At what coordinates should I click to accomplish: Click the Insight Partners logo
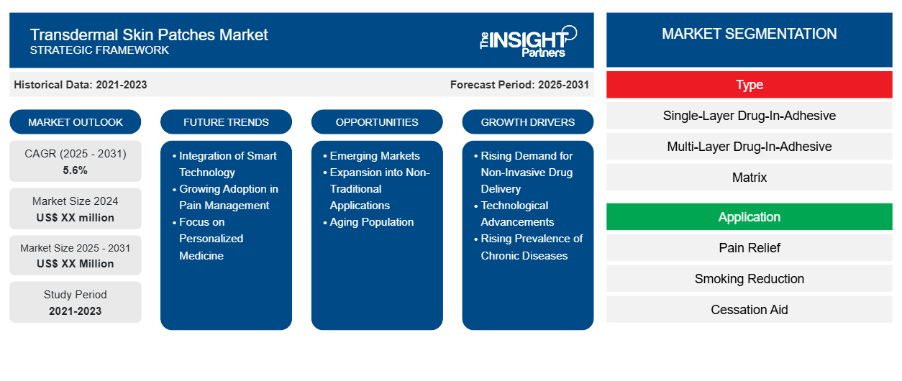click(528, 42)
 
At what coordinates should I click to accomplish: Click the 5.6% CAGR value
click(75, 170)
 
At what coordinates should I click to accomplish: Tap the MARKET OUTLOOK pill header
click(76, 122)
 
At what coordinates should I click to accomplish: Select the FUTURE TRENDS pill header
click(226, 122)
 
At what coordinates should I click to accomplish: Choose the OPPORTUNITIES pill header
click(377, 122)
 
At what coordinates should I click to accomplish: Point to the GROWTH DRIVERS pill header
click(527, 122)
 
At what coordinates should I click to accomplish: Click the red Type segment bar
click(749, 85)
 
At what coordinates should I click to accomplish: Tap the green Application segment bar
click(749, 217)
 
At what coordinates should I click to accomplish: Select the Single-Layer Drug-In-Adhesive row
click(749, 116)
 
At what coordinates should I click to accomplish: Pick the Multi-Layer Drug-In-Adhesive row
click(749, 147)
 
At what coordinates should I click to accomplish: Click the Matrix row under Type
click(749, 178)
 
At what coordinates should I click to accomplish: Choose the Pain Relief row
click(749, 248)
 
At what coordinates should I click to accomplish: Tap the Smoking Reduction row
click(749, 279)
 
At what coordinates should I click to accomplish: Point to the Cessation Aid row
click(749, 310)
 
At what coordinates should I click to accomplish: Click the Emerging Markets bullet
click(371, 156)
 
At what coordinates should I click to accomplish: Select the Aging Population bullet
click(368, 222)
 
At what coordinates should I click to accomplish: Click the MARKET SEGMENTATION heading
click(749, 34)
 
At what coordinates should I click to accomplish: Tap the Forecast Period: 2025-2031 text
click(519, 85)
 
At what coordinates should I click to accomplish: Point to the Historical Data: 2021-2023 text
click(81, 85)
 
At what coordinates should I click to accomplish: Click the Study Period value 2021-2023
click(75, 311)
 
